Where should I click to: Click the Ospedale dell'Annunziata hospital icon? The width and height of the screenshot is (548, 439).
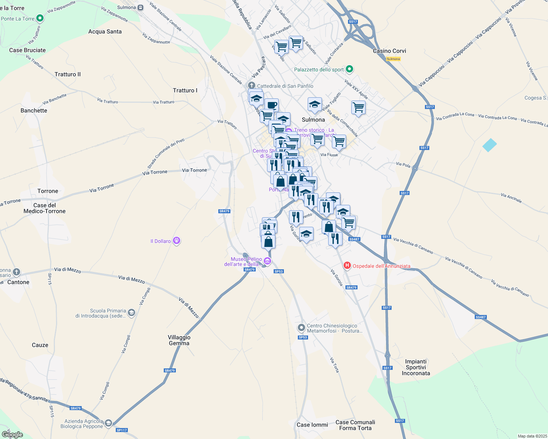point(347,266)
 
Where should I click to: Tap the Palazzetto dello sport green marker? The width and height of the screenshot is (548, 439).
point(349,69)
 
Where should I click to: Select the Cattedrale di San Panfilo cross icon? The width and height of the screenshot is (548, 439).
point(252,86)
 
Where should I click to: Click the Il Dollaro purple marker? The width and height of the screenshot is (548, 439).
point(177,241)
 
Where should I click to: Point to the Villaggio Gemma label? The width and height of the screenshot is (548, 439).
point(179,340)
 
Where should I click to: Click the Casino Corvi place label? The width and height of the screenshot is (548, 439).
point(389,51)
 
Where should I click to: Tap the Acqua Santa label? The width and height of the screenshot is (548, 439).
point(105,31)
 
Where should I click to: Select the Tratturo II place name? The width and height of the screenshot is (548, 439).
point(67,74)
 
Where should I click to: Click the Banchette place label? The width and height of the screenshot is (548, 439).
point(34,110)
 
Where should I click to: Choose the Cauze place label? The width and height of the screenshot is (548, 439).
point(40,345)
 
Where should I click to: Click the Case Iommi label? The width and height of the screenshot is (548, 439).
point(312,425)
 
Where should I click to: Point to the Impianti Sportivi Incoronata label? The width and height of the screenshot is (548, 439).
point(416,367)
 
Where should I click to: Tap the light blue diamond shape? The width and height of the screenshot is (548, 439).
point(489,145)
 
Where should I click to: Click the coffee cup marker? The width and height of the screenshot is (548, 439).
point(271,105)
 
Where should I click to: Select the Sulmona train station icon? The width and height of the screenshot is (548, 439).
point(141,7)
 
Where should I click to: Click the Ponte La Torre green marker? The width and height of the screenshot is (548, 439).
point(40,18)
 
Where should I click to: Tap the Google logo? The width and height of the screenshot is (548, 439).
point(12,435)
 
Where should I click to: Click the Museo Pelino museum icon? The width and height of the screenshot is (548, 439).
point(267,261)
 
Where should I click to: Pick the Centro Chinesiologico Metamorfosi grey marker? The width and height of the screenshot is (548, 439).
point(301,327)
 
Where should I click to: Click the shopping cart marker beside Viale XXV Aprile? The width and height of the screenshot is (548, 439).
point(358,108)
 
